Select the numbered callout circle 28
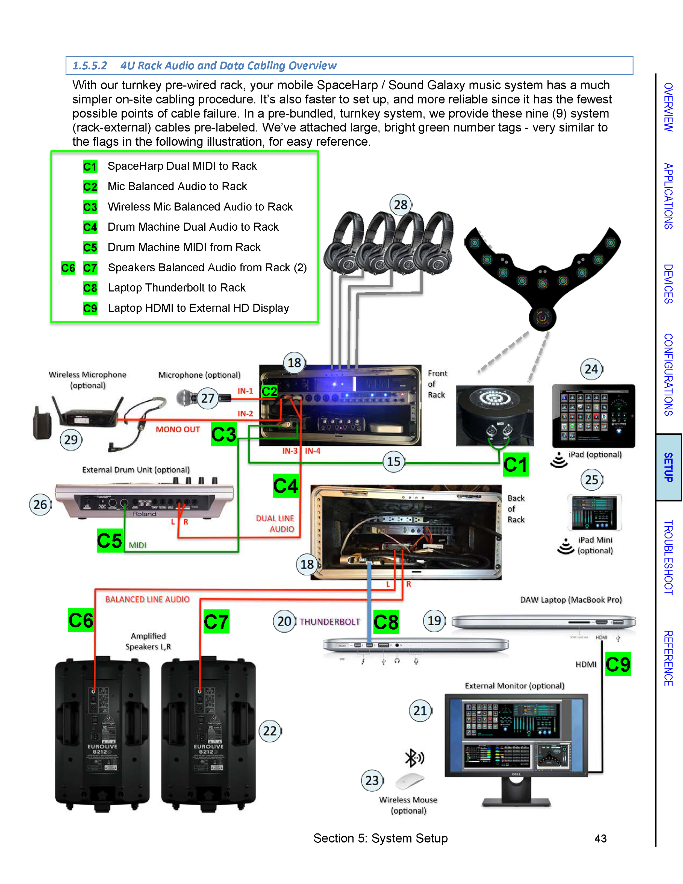(x=400, y=205)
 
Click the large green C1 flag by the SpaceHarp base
(x=516, y=465)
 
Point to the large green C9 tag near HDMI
(x=618, y=664)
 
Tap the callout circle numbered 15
(x=393, y=462)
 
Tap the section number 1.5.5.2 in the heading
(x=89, y=66)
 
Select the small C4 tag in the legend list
(x=90, y=227)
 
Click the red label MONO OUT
(x=178, y=430)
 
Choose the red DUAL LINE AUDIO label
(x=275, y=523)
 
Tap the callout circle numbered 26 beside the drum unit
(x=40, y=504)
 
